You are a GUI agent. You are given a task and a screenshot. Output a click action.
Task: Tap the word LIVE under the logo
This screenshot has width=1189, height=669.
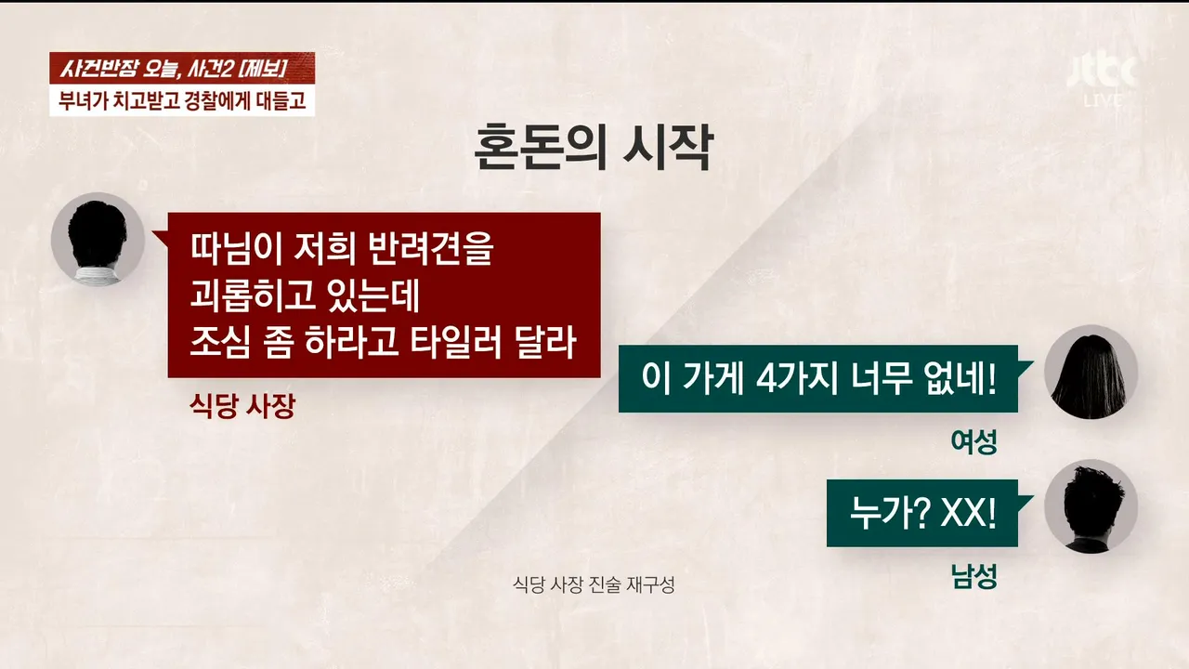click(x=1103, y=100)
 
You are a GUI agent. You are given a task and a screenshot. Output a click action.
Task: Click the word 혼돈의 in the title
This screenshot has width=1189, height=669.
click(x=540, y=147)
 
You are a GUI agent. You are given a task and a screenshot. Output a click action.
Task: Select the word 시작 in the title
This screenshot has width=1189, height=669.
click(x=666, y=147)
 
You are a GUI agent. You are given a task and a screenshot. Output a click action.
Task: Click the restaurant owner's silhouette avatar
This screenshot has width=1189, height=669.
click(x=98, y=239)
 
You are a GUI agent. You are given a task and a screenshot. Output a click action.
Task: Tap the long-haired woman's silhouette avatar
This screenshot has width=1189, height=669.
click(x=1091, y=372)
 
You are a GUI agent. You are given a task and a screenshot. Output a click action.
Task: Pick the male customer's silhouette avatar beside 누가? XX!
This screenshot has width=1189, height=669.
click(x=1091, y=506)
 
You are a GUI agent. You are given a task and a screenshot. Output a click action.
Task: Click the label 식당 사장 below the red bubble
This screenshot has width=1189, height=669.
click(x=242, y=406)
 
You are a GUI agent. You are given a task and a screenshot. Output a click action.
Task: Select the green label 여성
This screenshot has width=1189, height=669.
click(x=974, y=441)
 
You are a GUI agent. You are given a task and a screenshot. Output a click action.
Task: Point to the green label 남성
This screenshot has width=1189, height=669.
click(x=974, y=576)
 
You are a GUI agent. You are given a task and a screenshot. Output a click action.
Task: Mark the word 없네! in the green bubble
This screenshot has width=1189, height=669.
click(x=960, y=378)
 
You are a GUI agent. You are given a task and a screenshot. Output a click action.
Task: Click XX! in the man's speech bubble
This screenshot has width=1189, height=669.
click(x=968, y=513)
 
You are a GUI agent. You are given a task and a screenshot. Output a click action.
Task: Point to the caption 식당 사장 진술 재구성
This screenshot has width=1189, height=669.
click(x=594, y=585)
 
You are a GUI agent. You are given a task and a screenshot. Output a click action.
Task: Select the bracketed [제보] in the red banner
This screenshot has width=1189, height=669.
click(x=262, y=69)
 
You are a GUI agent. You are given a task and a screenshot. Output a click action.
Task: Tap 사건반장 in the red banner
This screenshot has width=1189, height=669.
click(x=98, y=69)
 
